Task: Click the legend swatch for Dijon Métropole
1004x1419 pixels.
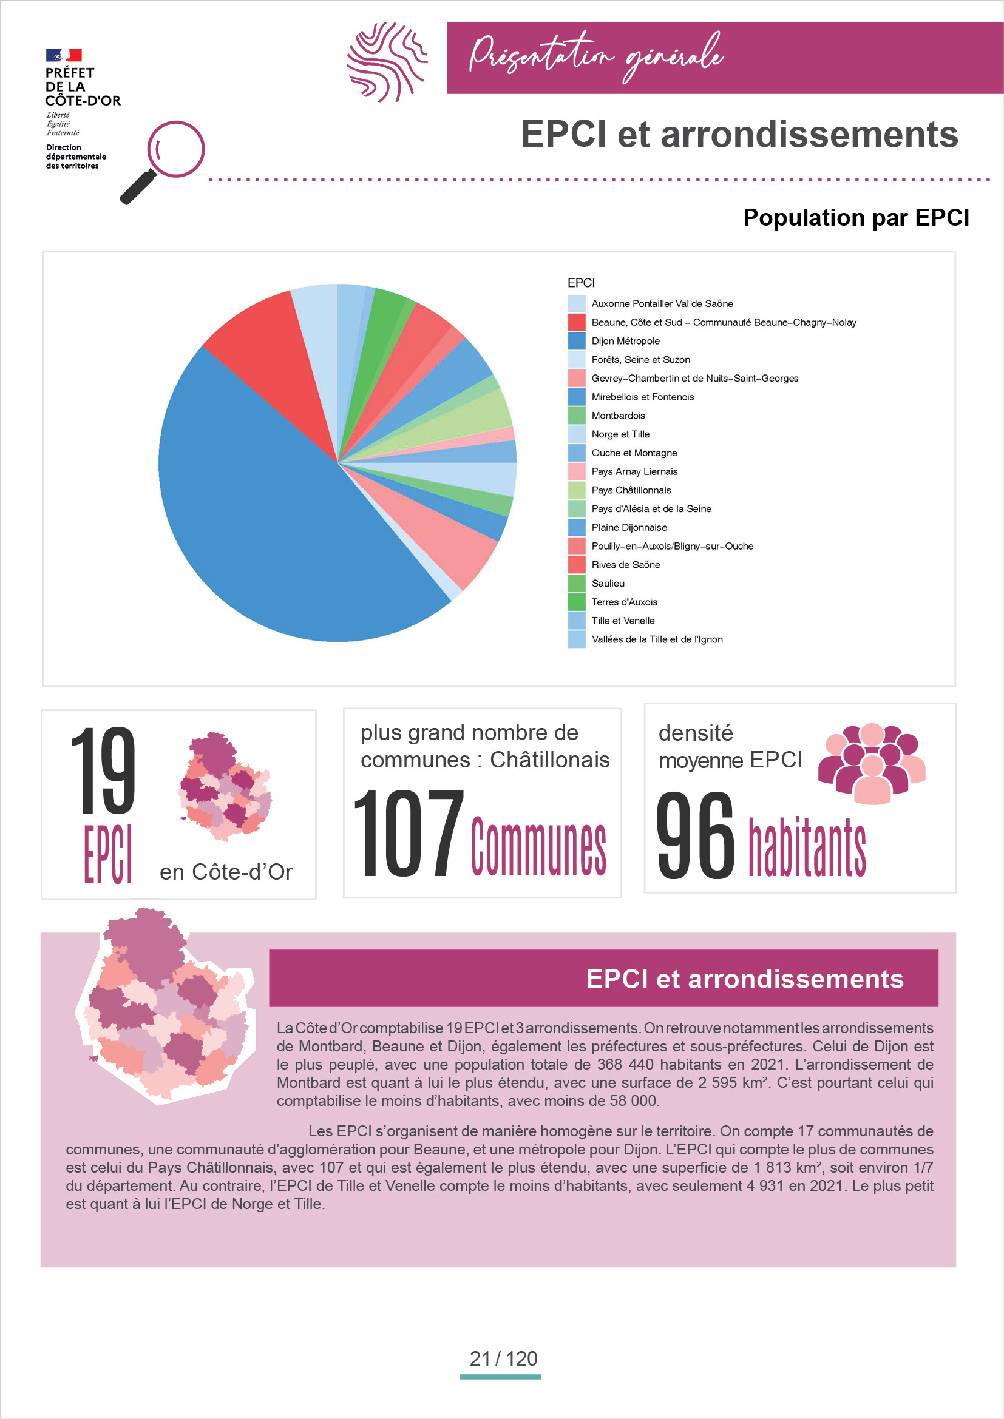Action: pos(576,341)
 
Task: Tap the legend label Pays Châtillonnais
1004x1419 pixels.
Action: pos(631,490)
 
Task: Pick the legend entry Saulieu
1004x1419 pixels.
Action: pos(608,584)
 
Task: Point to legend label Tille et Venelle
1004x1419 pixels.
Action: pos(623,621)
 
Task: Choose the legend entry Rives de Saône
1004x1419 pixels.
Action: pos(626,565)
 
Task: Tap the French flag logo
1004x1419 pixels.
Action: pos(64,55)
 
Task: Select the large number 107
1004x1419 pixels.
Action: pos(409,832)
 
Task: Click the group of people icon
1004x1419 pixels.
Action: pos(872,763)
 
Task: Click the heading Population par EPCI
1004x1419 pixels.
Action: pos(856,218)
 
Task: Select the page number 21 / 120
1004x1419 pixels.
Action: pos(503,1358)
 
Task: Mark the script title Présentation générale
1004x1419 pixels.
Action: pos(596,56)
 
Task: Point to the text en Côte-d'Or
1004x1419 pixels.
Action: pos(226,871)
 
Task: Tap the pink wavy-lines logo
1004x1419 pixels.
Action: pos(387,62)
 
